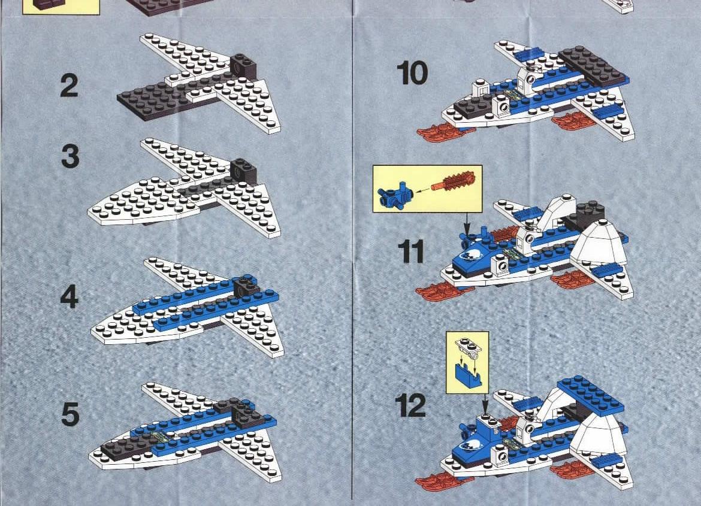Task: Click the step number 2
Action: coord(69,86)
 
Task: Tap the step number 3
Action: coord(70,156)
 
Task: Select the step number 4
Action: coord(70,296)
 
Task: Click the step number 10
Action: coord(412,73)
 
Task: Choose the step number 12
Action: coord(410,406)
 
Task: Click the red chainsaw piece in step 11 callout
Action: coord(454,182)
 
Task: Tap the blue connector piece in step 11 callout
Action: coord(395,195)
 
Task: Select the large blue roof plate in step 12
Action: coord(590,393)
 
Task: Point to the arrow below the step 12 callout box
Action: coord(486,405)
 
